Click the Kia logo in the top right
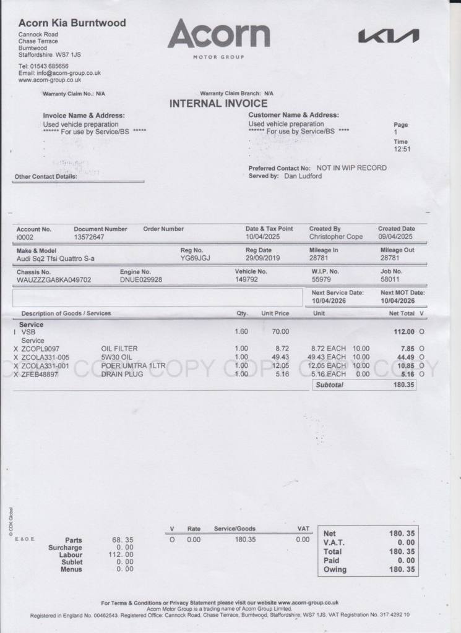(388, 37)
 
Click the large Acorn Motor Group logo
(218, 37)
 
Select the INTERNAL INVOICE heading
(218, 104)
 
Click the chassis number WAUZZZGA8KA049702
(54, 280)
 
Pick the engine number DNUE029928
(141, 280)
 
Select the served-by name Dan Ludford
(303, 176)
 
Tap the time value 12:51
(402, 149)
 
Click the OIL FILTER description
(119, 349)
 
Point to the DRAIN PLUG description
(122, 374)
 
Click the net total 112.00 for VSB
(404, 332)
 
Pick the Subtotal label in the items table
(329, 385)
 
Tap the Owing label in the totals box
(335, 569)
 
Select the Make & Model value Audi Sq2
(56, 258)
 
